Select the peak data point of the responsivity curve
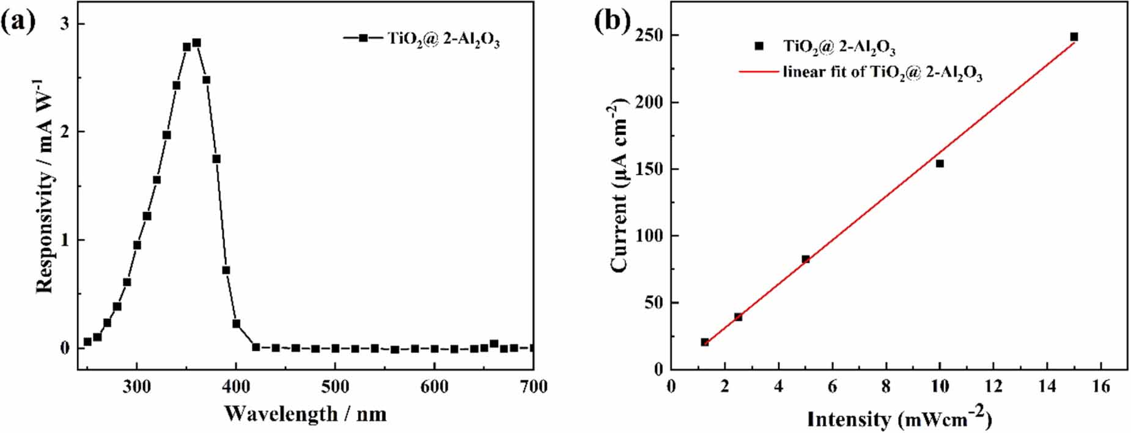click(x=196, y=43)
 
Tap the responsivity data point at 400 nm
click(x=236, y=324)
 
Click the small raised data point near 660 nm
click(x=494, y=344)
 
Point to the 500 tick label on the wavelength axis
click(x=335, y=387)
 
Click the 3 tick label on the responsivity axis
click(x=63, y=23)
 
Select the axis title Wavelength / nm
click(x=305, y=414)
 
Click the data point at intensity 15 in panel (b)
click(x=1074, y=37)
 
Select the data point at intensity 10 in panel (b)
click(x=940, y=163)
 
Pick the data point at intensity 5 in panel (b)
click(x=805, y=259)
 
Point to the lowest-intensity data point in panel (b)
click(x=704, y=342)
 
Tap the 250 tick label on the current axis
click(x=649, y=35)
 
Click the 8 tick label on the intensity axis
click(x=886, y=387)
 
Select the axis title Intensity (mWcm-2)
click(x=899, y=419)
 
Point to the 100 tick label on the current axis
click(x=649, y=236)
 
